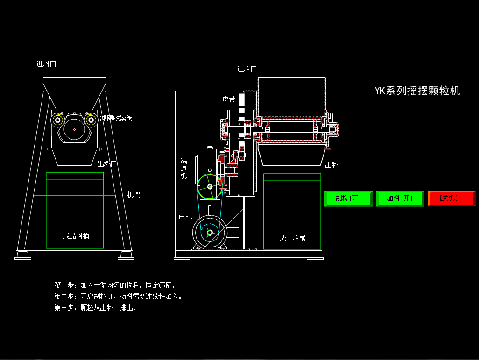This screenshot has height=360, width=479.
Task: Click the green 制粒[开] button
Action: (x=348, y=198)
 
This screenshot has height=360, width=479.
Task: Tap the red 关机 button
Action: (x=451, y=198)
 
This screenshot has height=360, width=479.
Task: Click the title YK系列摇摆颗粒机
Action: (x=417, y=91)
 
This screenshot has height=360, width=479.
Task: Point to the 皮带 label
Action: (x=229, y=99)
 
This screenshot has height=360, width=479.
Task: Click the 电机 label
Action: (x=185, y=217)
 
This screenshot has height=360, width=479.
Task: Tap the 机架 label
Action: (x=134, y=194)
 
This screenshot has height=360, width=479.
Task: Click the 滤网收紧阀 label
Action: (x=116, y=118)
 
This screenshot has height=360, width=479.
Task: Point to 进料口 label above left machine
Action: (x=46, y=64)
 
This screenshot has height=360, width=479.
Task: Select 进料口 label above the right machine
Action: (x=247, y=69)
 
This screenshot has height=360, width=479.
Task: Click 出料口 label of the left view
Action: (x=107, y=164)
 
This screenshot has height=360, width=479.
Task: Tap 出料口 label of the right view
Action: (x=335, y=164)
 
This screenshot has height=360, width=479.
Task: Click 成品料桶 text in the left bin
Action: (x=76, y=236)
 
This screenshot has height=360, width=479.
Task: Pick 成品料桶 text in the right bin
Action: (x=293, y=238)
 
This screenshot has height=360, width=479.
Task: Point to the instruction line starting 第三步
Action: (x=95, y=308)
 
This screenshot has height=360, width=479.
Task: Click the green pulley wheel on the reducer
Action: (x=210, y=187)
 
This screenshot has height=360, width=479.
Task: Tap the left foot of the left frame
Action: (x=23, y=254)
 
